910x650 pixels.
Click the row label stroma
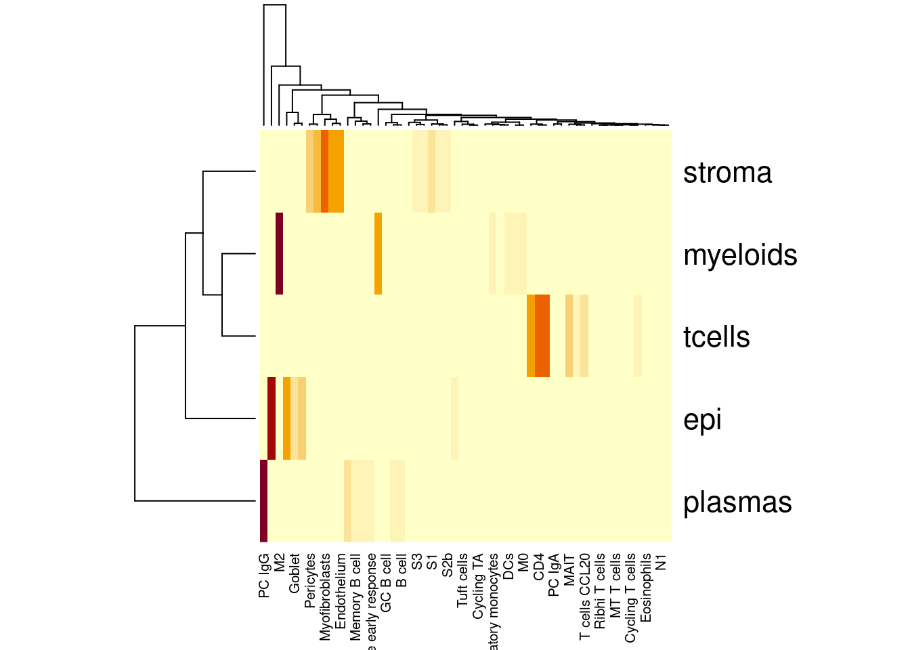point(727,173)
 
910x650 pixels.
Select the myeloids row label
point(740,255)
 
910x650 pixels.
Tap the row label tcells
point(716,337)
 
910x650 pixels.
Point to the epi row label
point(702,420)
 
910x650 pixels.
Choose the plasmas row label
point(737,502)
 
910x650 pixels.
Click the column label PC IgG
point(264,576)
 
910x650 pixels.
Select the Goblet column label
point(295,574)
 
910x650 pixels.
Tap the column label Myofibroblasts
point(325,597)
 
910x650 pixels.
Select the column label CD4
point(539,567)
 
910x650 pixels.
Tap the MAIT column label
point(569,569)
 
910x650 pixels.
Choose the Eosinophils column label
point(646,588)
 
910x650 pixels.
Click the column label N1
point(662,562)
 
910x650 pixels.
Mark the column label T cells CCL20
point(585,597)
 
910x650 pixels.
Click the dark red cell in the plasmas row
point(264,501)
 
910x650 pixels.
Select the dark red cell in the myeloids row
point(280,254)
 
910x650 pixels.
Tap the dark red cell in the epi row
point(272,418)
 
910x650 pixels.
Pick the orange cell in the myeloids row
point(378,254)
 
